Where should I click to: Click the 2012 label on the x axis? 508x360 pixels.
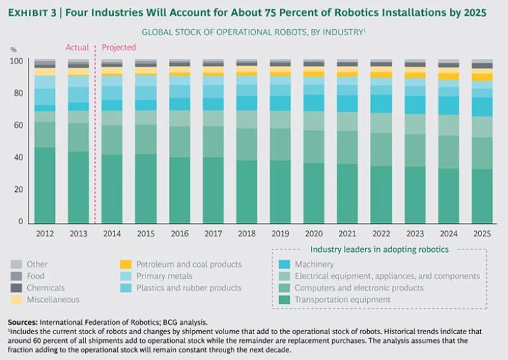(45, 234)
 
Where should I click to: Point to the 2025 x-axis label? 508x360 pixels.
(482, 234)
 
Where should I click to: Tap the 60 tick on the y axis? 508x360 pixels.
(19, 125)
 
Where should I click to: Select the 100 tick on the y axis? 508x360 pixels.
(17, 62)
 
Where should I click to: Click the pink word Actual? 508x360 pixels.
(77, 48)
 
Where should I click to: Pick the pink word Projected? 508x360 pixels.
(118, 48)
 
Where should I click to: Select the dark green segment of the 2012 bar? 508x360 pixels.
(45, 185)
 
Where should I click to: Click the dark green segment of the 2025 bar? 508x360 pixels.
(482, 195)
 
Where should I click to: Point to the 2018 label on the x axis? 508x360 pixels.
(247, 234)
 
